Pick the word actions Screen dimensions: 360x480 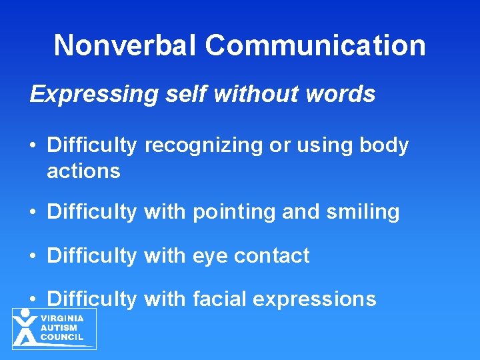(83, 171)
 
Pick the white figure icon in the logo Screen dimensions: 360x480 (25, 327)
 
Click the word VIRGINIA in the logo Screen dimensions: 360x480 (62, 319)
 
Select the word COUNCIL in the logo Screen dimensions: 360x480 (62, 337)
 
